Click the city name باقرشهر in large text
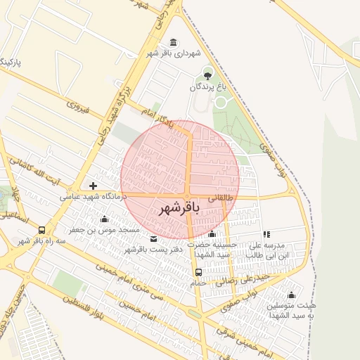point(179,208)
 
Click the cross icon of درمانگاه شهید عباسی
point(94,186)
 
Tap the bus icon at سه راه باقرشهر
point(42,230)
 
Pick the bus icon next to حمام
point(198,272)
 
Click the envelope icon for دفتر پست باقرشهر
point(154,238)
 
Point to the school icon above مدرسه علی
point(266,234)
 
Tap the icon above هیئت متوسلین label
point(291,295)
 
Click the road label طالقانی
point(219,198)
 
